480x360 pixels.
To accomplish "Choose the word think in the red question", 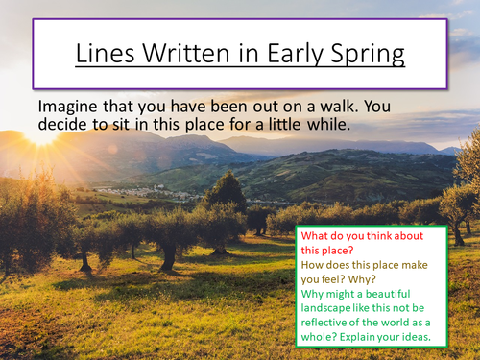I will click(x=388, y=234).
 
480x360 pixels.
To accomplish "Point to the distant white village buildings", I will click(x=144, y=191).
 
